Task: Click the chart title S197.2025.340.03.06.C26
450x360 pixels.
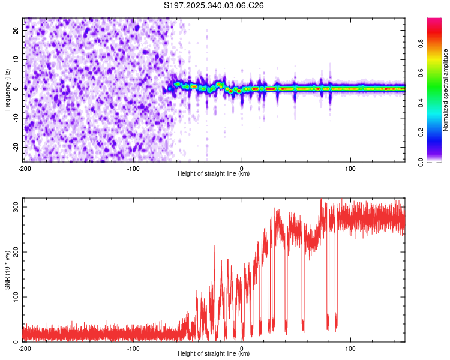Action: (x=214, y=5)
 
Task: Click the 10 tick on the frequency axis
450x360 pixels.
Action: (x=17, y=59)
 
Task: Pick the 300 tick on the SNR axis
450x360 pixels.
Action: (x=14, y=207)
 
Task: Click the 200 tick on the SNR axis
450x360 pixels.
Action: (x=14, y=252)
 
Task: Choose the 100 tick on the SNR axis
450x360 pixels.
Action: (x=14, y=297)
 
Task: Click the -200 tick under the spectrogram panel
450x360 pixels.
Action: (x=25, y=168)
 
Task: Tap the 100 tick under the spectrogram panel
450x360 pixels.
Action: (x=350, y=168)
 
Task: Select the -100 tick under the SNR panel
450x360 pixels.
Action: (x=133, y=348)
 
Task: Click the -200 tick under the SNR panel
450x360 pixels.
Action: (x=25, y=348)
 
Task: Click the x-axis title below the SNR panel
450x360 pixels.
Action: (x=214, y=354)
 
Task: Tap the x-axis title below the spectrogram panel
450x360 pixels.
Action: (x=214, y=174)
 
